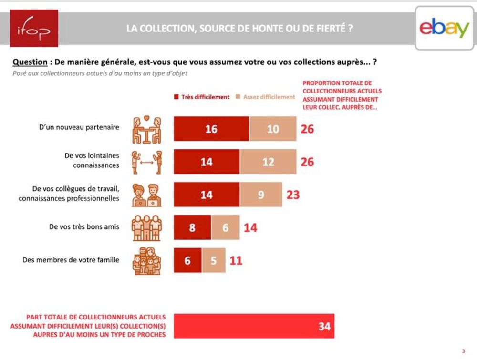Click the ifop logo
[x=34, y=28]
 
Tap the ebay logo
[x=445, y=28]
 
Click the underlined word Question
[x=30, y=62]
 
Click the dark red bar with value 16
[x=211, y=129]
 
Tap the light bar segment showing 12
[x=268, y=162]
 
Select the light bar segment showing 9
[x=261, y=195]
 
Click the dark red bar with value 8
[x=192, y=228]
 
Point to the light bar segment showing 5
[x=214, y=261]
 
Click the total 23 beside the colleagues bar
[x=293, y=195]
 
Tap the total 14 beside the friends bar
[x=250, y=228]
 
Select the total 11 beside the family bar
[x=236, y=261]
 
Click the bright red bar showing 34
[x=254, y=327]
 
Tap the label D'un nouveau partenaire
[x=79, y=127]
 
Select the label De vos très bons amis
[x=84, y=227]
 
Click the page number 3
[x=463, y=351]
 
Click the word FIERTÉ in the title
[x=332, y=28]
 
